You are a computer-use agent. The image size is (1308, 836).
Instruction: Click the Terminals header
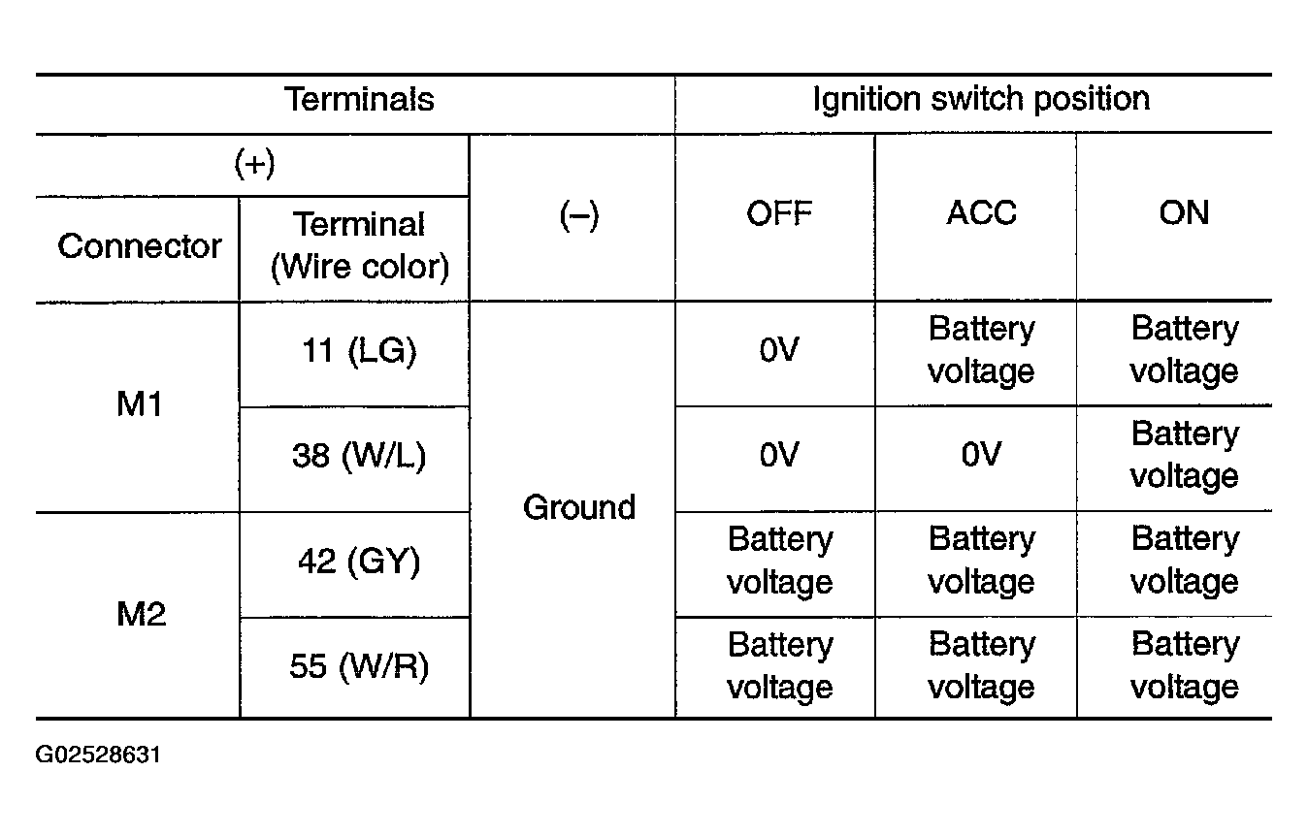[359, 99]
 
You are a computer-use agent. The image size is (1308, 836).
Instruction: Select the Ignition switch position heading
[982, 99]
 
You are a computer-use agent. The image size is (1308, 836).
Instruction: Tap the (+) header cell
[254, 164]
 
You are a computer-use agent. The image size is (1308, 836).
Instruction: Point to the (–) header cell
[579, 215]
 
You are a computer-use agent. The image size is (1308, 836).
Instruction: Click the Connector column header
[140, 245]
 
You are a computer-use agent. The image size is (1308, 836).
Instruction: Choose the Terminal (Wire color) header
[360, 245]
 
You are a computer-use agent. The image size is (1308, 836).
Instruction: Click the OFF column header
[779, 213]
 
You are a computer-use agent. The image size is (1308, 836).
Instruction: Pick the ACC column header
[982, 212]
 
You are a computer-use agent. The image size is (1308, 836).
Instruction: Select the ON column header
[1184, 212]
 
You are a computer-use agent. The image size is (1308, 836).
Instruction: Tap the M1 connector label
[139, 403]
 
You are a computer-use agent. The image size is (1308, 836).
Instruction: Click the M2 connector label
[142, 614]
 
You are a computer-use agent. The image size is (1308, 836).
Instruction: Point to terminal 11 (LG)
[359, 351]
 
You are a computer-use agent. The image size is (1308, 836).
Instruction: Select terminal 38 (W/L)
[359, 456]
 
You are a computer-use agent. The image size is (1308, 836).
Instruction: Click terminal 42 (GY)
[359, 562]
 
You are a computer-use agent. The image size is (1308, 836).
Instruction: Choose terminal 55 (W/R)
[359, 666]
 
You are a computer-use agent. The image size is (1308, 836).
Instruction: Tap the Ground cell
[579, 506]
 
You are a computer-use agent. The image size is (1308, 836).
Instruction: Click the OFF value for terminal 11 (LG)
[779, 350]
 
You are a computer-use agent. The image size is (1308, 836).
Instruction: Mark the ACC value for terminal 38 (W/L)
[981, 454]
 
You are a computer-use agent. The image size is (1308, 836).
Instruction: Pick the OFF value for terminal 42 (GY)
[780, 561]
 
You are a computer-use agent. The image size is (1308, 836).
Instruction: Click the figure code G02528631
[98, 755]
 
